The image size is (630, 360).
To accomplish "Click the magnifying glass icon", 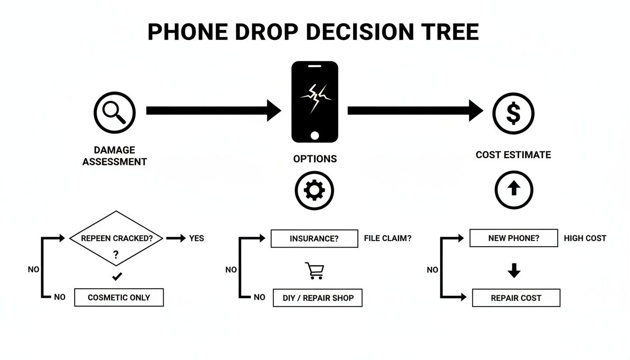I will coord(114,113).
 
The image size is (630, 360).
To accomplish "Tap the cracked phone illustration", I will coord(315,101).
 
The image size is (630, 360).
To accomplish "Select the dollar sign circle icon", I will coord(513,113).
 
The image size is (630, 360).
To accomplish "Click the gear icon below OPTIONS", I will coord(314,190).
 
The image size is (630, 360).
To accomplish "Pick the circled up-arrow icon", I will coord(514,189).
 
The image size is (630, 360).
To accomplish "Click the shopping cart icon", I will coord(314,270).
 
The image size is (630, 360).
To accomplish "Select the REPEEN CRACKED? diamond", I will coord(117,239).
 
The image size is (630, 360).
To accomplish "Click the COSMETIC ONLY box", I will coord(119,298).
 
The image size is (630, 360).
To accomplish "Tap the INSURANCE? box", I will coord(314,238).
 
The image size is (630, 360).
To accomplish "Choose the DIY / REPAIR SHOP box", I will coord(317,298).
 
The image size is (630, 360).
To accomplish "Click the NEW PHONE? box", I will coord(514,238).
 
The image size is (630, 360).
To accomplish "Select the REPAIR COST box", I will coord(516,298).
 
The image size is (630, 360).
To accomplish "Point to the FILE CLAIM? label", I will coord(387,238).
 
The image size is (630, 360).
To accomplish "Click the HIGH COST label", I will coord(585,238).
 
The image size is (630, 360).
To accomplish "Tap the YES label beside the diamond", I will coord(196,238).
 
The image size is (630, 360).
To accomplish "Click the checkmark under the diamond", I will coord(117,277).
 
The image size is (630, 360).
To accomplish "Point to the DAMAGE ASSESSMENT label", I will coord(114,156).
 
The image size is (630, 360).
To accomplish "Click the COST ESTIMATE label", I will coord(513,155).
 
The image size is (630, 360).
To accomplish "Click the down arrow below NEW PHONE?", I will coord(514,270).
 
